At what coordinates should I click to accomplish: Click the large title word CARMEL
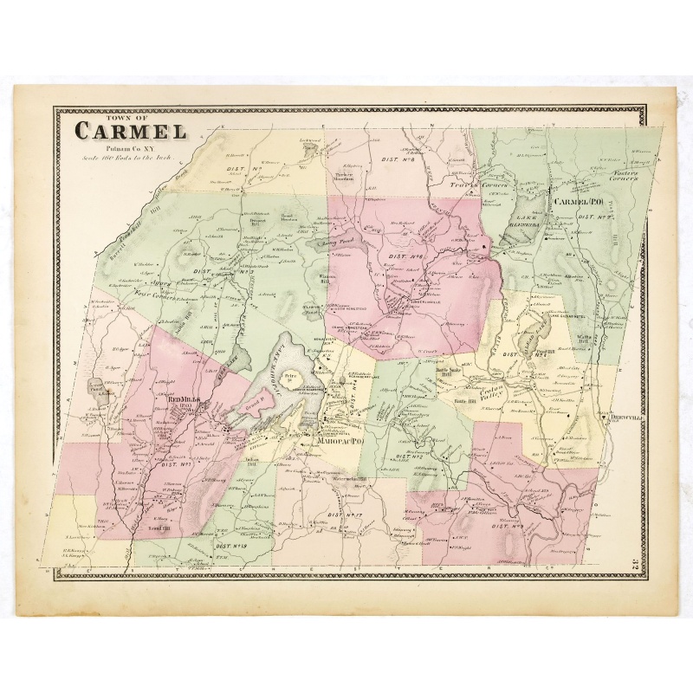click(x=130, y=133)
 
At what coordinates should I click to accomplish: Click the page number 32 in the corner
click(x=634, y=564)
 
